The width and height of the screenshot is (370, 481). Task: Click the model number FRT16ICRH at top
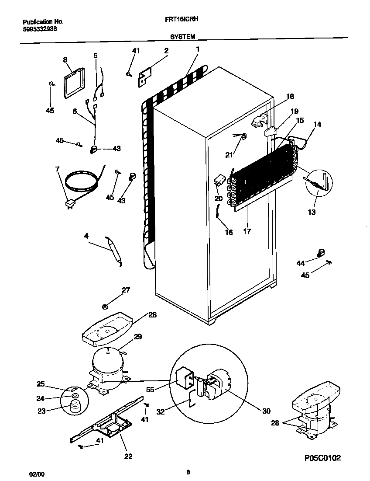tap(183, 20)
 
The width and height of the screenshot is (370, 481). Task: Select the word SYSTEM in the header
tap(182, 38)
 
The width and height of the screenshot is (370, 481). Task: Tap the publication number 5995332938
tap(39, 29)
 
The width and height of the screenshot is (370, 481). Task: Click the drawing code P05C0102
tap(322, 458)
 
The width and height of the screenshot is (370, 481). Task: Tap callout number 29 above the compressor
tap(138, 337)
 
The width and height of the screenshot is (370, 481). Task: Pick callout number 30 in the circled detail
tap(266, 411)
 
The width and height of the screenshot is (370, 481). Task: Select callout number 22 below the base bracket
tap(128, 457)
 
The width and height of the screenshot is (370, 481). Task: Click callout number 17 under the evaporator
tap(247, 231)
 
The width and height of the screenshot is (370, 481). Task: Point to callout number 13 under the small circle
tap(311, 212)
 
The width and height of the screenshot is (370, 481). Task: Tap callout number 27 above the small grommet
tap(126, 289)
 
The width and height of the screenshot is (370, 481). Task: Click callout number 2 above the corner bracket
tap(166, 51)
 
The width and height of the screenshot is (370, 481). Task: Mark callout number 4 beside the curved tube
tap(86, 236)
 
